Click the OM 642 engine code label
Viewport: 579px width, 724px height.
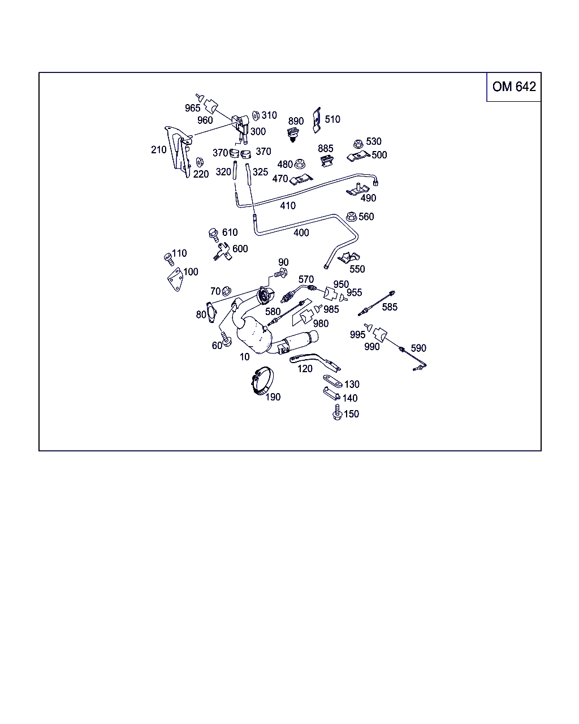513,87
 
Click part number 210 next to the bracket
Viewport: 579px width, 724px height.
158,149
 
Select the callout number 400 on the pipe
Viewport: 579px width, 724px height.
301,232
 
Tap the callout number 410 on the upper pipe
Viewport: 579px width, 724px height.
287,205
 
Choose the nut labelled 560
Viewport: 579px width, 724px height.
351,216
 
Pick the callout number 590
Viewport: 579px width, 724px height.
418,348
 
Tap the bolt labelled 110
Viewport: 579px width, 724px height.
167,258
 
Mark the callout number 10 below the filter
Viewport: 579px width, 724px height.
244,357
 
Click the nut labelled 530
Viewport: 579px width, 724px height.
358,143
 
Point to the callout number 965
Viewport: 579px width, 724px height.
192,108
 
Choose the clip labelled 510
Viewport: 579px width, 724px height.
317,119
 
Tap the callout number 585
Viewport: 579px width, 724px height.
390,307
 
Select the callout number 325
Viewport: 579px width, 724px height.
260,171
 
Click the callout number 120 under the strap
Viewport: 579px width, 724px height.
305,369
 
